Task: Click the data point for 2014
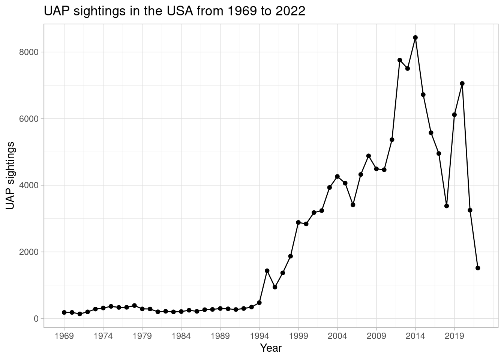tap(415, 37)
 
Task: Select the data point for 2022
tap(478, 268)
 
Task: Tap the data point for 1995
tap(267, 271)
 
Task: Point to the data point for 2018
tap(447, 206)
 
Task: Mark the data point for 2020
tap(462, 83)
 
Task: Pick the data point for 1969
tap(64, 312)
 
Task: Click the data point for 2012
tap(400, 60)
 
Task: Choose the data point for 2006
tap(353, 205)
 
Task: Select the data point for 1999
tap(298, 222)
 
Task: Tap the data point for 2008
tap(368, 156)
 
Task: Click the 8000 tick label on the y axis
tap(29, 52)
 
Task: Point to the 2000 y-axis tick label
tap(29, 252)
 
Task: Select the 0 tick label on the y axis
tap(36, 319)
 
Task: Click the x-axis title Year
tap(271, 348)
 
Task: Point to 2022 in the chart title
tap(291, 11)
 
